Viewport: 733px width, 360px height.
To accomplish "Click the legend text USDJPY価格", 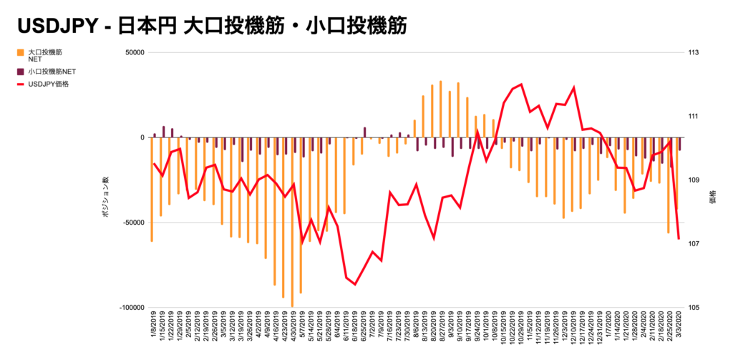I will coord(53,84).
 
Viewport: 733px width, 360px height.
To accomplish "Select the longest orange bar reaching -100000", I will coord(292,222).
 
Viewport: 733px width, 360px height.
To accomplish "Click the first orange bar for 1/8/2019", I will coord(152,189).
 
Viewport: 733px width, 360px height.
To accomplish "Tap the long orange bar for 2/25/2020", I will coord(669,185).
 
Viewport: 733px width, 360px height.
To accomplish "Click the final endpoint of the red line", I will coord(679,239).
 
